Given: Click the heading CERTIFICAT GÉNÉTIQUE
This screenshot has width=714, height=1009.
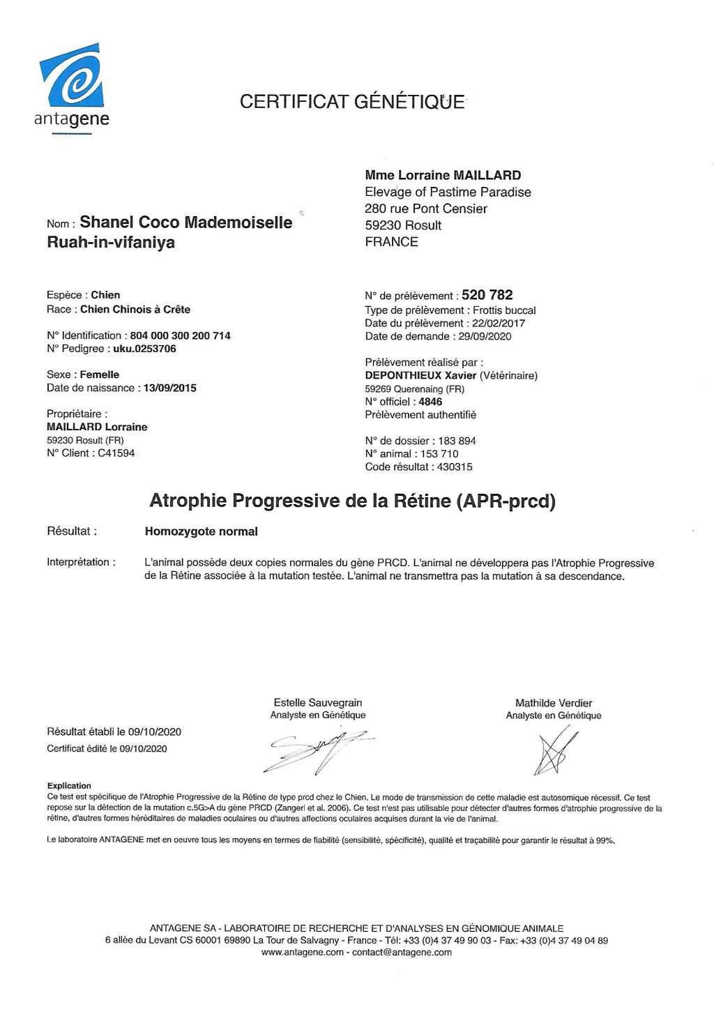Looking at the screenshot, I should point(352,102).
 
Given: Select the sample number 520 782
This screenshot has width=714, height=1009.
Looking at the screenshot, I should point(487,295).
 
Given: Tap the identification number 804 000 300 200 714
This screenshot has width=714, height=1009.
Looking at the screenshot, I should point(180,335).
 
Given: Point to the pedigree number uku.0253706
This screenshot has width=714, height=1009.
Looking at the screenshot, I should point(144,349).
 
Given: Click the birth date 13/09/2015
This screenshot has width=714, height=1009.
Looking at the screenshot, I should point(169,388).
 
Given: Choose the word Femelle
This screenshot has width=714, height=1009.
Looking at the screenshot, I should point(100,374).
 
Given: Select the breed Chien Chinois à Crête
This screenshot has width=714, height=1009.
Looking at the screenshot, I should point(135,309).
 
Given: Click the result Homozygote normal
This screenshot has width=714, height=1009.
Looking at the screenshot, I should point(201,531).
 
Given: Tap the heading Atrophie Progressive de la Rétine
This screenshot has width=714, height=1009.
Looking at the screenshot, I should point(352,501).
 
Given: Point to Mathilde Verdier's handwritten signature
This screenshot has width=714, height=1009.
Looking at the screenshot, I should point(556,750).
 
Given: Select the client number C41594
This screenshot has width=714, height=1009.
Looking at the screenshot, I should point(116,453).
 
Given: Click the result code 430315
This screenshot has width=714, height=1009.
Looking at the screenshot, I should point(455,467).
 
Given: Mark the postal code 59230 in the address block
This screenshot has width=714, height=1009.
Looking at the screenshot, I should point(382,225).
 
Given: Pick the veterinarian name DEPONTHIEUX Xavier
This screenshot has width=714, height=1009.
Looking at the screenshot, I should point(420,375).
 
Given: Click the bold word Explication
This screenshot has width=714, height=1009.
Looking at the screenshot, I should point(69,786).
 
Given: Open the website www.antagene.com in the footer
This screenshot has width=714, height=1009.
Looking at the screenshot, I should point(302,953).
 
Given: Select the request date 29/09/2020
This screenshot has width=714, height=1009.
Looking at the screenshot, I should point(485,336).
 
